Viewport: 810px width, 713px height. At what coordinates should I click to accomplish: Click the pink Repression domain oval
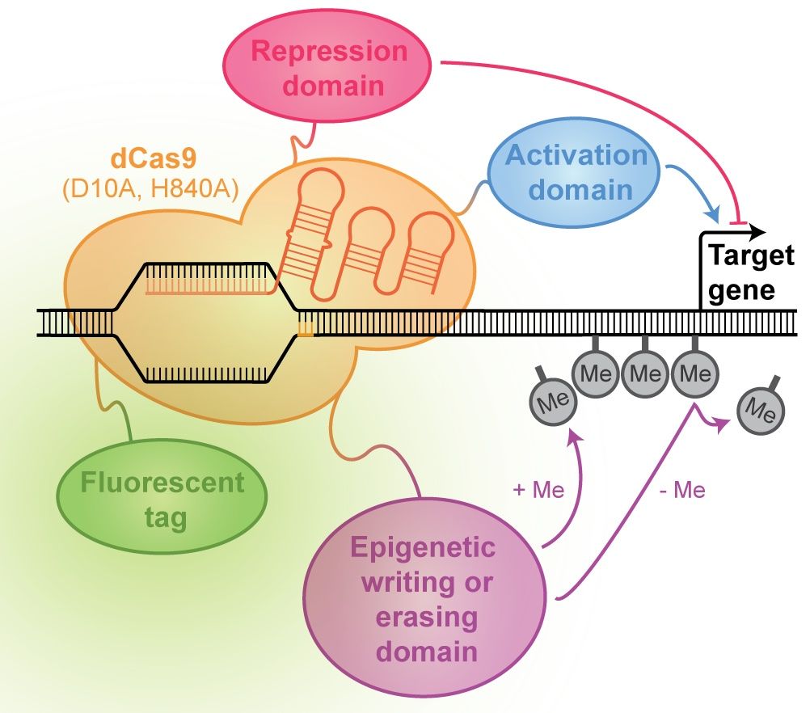[x=327, y=68]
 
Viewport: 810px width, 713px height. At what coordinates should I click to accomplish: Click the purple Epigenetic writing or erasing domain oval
[x=425, y=600]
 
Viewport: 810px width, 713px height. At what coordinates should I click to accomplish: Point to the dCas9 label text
[x=154, y=158]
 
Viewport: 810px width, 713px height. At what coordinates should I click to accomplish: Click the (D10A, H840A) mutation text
[x=151, y=190]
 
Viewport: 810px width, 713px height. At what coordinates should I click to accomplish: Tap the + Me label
[x=538, y=489]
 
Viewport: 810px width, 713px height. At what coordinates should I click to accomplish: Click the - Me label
[x=682, y=490]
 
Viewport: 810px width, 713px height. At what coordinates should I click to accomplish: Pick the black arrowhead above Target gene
[x=757, y=232]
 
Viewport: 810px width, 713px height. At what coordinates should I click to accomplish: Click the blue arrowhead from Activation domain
[x=713, y=214]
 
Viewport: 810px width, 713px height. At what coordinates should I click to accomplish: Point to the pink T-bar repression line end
[x=738, y=222]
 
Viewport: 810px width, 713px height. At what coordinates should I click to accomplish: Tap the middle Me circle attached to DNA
[x=646, y=373]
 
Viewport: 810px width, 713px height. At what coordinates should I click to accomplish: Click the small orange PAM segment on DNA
[x=306, y=328]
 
